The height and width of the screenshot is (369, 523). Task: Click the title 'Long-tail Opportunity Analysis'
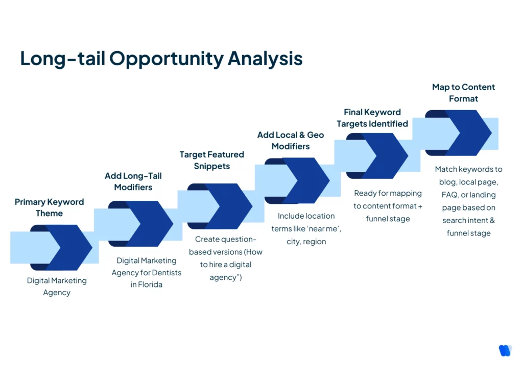pos(161,59)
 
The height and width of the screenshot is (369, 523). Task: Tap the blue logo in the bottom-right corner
pos(505,351)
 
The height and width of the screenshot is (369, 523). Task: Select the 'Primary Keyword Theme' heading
pos(49,207)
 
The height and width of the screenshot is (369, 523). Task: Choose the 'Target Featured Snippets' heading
pos(211,160)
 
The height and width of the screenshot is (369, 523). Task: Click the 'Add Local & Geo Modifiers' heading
pos(290,141)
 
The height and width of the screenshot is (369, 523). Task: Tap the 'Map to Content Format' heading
pos(463,93)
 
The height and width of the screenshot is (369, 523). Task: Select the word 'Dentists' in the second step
pos(165,273)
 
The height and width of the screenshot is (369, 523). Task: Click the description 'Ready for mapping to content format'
pos(388,200)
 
